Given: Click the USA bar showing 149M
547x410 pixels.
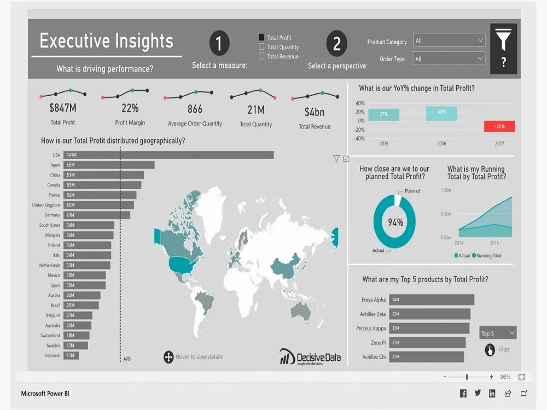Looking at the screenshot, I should pyautogui.click(x=168, y=155).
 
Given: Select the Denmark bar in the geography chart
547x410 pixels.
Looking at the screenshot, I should pyautogui.click(x=71, y=355).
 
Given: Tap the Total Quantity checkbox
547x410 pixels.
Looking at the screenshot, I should pyautogui.click(x=261, y=47).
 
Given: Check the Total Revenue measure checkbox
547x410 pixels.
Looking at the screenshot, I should pyautogui.click(x=261, y=56).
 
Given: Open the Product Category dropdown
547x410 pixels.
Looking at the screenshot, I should pyautogui.click(x=449, y=40).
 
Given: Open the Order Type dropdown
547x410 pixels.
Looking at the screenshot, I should pyautogui.click(x=449, y=58).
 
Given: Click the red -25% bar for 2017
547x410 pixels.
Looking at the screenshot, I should pyautogui.click(x=499, y=126).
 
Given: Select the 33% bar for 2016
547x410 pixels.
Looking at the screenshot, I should pyautogui.click(x=441, y=113).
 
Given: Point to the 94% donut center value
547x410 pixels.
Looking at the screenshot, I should pyautogui.click(x=395, y=222).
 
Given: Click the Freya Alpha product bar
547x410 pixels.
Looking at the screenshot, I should pyautogui.click(x=431, y=300).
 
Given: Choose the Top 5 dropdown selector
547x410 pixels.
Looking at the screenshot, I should pyautogui.click(x=498, y=333).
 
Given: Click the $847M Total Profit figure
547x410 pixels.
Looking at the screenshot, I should pyautogui.click(x=62, y=108).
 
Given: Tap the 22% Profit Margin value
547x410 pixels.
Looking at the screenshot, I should pyautogui.click(x=130, y=108).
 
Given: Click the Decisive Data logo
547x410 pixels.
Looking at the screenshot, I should pyautogui.click(x=310, y=356).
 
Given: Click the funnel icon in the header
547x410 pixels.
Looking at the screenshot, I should pyautogui.click(x=503, y=40).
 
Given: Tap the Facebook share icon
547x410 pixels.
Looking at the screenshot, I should pyautogui.click(x=463, y=393).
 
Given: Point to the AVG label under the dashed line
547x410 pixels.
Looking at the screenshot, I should pyautogui.click(x=126, y=359).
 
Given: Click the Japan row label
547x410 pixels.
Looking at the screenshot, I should pyautogui.click(x=55, y=165).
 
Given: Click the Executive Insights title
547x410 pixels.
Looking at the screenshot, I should pyautogui.click(x=107, y=42).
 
